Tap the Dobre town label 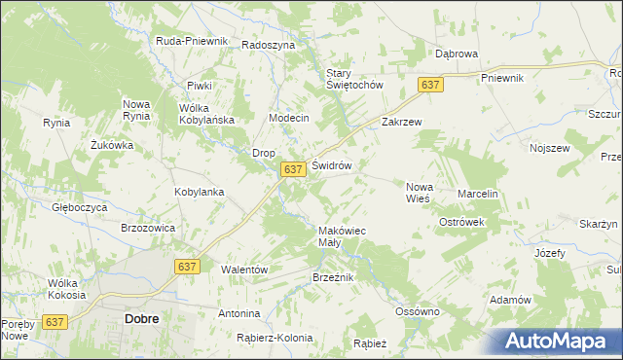142,318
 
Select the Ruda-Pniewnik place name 192,41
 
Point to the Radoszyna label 268,45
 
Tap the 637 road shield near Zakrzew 432,86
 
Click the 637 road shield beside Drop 295,169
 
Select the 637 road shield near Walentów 188,266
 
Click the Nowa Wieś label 419,192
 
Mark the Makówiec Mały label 342,236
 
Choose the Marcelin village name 478,194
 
